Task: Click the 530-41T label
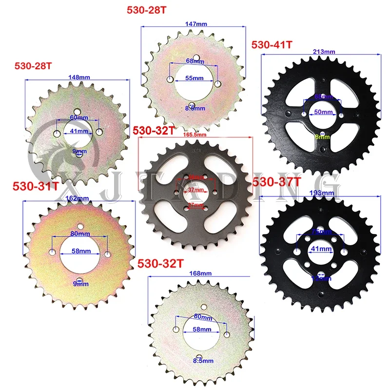[x=272, y=45]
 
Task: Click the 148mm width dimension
[x=78, y=77]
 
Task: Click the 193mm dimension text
[x=320, y=193]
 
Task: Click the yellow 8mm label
[x=322, y=137]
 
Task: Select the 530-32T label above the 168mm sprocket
[x=161, y=263]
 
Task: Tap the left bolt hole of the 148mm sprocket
[x=57, y=132]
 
